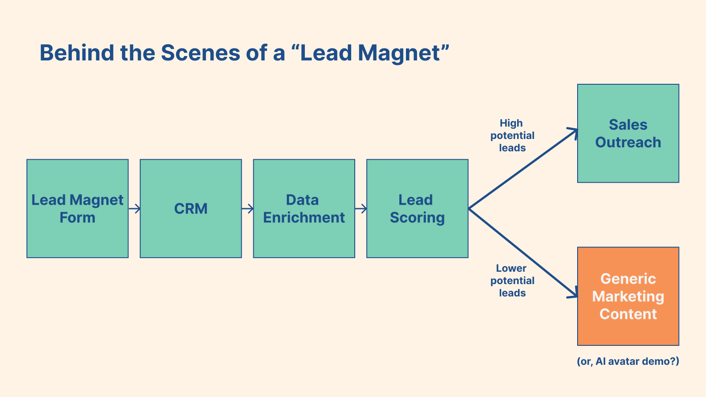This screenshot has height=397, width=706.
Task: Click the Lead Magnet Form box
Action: coord(77,209)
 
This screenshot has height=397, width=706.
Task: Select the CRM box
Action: coord(191,209)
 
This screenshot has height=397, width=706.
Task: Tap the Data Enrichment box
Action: coord(304,209)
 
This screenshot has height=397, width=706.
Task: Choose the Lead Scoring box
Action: coord(417,209)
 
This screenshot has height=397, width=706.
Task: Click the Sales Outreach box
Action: coord(628,133)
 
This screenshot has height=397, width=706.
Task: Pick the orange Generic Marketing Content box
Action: coord(628,296)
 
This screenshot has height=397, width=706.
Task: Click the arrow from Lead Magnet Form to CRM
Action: coord(135,209)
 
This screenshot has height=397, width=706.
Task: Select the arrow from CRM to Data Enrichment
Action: coord(248,209)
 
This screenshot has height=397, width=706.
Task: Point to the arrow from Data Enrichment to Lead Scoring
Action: coord(361,209)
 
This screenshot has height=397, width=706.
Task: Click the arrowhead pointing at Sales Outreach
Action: coord(573,131)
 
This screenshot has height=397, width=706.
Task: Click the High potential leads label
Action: coord(512,135)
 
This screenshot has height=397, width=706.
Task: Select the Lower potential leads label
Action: coord(512,281)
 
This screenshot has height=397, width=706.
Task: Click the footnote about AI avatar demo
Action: coord(628,361)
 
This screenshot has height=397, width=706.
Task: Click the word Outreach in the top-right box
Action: coord(628,142)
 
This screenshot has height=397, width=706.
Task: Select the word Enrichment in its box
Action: coord(304,217)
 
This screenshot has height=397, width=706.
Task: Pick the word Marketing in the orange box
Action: coord(628,296)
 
